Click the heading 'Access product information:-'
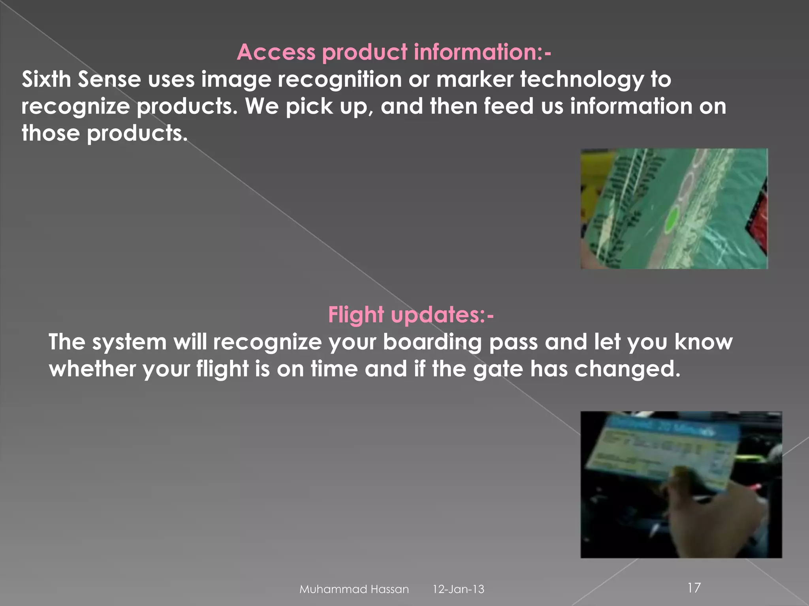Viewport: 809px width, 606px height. point(394,52)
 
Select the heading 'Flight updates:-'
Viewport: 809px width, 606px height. point(411,315)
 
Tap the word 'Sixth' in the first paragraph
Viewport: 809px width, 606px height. point(46,79)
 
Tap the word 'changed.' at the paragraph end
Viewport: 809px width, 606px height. point(628,369)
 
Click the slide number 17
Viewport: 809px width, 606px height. point(694,588)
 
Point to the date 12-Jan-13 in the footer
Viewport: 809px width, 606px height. point(458,589)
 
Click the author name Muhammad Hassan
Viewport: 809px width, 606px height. point(354,589)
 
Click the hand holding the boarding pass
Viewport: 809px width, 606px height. point(707,509)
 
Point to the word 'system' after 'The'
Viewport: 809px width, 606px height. point(129,342)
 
